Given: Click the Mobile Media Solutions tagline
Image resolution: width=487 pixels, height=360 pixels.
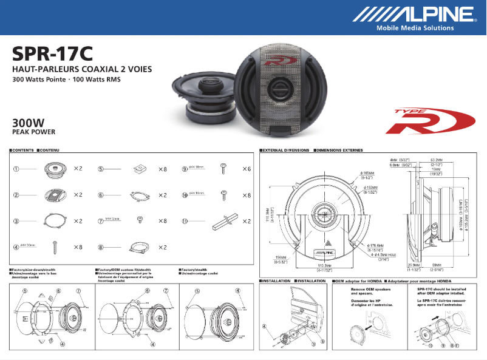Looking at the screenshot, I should (415, 28).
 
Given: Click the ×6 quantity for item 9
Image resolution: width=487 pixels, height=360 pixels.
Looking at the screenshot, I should (246, 169).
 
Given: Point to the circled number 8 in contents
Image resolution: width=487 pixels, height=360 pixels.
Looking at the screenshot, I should (101, 247).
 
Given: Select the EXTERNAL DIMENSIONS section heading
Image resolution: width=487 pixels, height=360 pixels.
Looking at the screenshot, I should (285, 149).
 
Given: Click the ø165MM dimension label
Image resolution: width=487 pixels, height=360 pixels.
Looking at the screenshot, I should (369, 174).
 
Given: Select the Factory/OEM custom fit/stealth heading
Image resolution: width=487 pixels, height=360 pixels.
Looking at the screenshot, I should (124, 270).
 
